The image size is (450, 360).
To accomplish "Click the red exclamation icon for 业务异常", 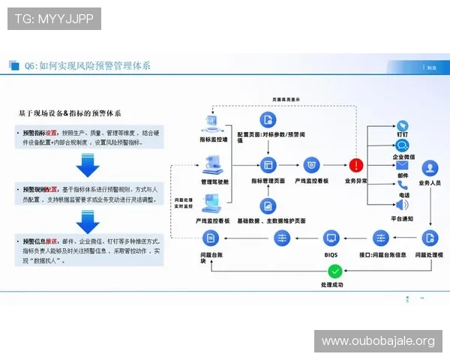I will pos(355,165).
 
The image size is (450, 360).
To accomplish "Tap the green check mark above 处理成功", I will pos(335,271).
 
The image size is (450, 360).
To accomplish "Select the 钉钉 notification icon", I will pos(402,126).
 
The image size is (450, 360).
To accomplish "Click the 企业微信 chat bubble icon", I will pos(402,145).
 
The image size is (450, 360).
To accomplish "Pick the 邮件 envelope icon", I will pos(402,166).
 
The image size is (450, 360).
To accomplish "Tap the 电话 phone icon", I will pos(402,185).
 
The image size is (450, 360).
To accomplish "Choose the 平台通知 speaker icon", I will pos(402,205).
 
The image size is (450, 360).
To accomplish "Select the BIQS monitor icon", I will pos(331,238).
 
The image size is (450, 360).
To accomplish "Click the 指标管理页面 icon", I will pos(268,165).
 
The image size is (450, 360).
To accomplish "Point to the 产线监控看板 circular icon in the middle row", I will pos(311,165).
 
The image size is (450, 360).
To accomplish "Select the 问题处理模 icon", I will pos(430,238).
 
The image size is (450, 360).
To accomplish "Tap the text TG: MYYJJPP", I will pos(54,19).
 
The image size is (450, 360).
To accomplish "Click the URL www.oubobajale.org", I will pos(378,341).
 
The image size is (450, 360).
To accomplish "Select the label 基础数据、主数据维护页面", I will pos(271,221).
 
